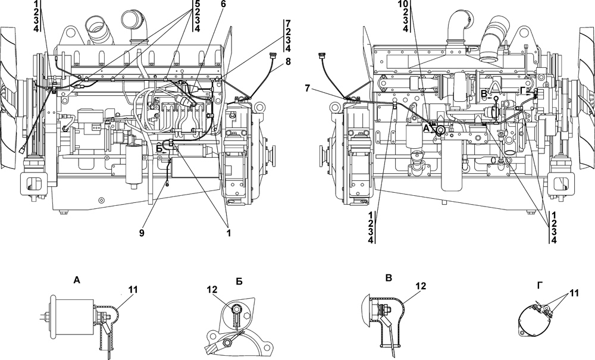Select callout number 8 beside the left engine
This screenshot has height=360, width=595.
(x=289, y=61)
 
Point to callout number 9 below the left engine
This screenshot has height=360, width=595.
(x=142, y=233)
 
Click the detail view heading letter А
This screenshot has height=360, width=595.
(x=77, y=280)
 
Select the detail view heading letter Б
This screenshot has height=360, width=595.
(x=239, y=281)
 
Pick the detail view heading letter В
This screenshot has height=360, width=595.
(x=388, y=278)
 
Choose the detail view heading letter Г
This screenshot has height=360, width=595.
(x=540, y=285)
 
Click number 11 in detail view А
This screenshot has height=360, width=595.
(x=133, y=290)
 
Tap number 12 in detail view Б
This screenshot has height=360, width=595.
(x=212, y=290)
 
